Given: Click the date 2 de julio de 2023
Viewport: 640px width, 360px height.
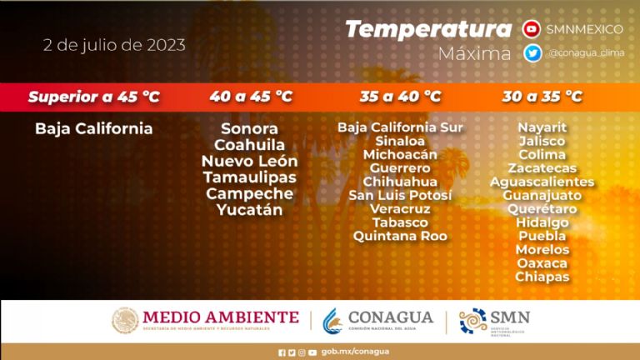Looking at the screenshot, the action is coord(114,45).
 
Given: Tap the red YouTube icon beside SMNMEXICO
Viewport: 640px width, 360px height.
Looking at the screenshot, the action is coord(532,29).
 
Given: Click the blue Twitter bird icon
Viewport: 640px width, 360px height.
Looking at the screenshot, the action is coord(532,53).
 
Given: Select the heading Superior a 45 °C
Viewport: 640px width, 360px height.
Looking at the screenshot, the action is coord(94,97).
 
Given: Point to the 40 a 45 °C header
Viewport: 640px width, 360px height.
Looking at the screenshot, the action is coord(251,97).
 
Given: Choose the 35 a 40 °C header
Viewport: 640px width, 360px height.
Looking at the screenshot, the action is coord(400,97).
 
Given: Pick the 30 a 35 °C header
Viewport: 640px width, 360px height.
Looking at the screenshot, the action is coord(542,97).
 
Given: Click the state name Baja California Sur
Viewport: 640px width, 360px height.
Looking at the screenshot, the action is coord(400,127).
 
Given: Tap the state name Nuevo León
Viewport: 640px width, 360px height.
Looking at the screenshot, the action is coord(250,161).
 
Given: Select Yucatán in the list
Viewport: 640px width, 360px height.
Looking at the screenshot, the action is coord(250,210).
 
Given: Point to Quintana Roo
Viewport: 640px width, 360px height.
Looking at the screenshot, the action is coord(400,236).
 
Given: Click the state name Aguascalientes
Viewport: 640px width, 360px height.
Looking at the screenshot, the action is coord(542,182).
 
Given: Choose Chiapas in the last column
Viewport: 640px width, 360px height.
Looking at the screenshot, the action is coord(542,277).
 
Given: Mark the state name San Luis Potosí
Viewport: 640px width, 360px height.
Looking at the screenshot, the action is coord(400,195).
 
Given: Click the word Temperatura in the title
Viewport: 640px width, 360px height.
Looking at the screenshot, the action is coord(428,29).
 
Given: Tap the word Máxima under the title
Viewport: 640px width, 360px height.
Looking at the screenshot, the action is coord(474,53).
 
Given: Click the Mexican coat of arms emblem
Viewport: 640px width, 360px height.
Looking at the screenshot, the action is coord(125,320).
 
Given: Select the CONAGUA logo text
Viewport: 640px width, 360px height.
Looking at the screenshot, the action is coord(391,317).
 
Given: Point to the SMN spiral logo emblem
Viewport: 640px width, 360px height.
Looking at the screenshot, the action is coord(473,321).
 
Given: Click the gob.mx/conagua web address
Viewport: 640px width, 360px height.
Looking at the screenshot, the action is coord(355,352).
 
